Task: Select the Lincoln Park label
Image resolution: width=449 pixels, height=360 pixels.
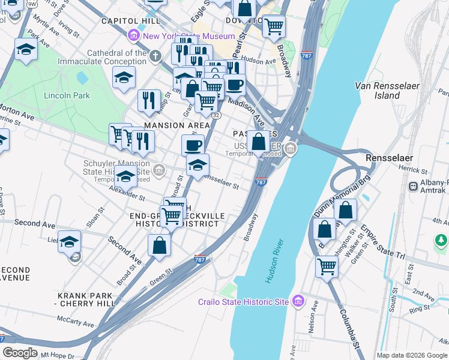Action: pyautogui.click(x=67, y=95)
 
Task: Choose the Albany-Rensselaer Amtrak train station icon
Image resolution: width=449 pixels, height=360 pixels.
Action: pyautogui.click(x=414, y=186)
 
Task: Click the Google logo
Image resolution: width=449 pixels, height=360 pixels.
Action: pyautogui.click(x=20, y=353)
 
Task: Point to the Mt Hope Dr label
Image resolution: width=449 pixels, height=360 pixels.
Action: pyautogui.click(x=55, y=356)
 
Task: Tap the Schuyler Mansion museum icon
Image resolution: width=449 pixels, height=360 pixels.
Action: pyautogui.click(x=159, y=170)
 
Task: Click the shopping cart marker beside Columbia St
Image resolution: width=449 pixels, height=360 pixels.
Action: pyautogui.click(x=327, y=266)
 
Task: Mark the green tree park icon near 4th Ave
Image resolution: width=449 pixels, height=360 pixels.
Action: pyautogui.click(x=441, y=241)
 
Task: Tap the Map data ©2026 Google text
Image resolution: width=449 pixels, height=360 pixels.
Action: pyautogui.click(x=412, y=355)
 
